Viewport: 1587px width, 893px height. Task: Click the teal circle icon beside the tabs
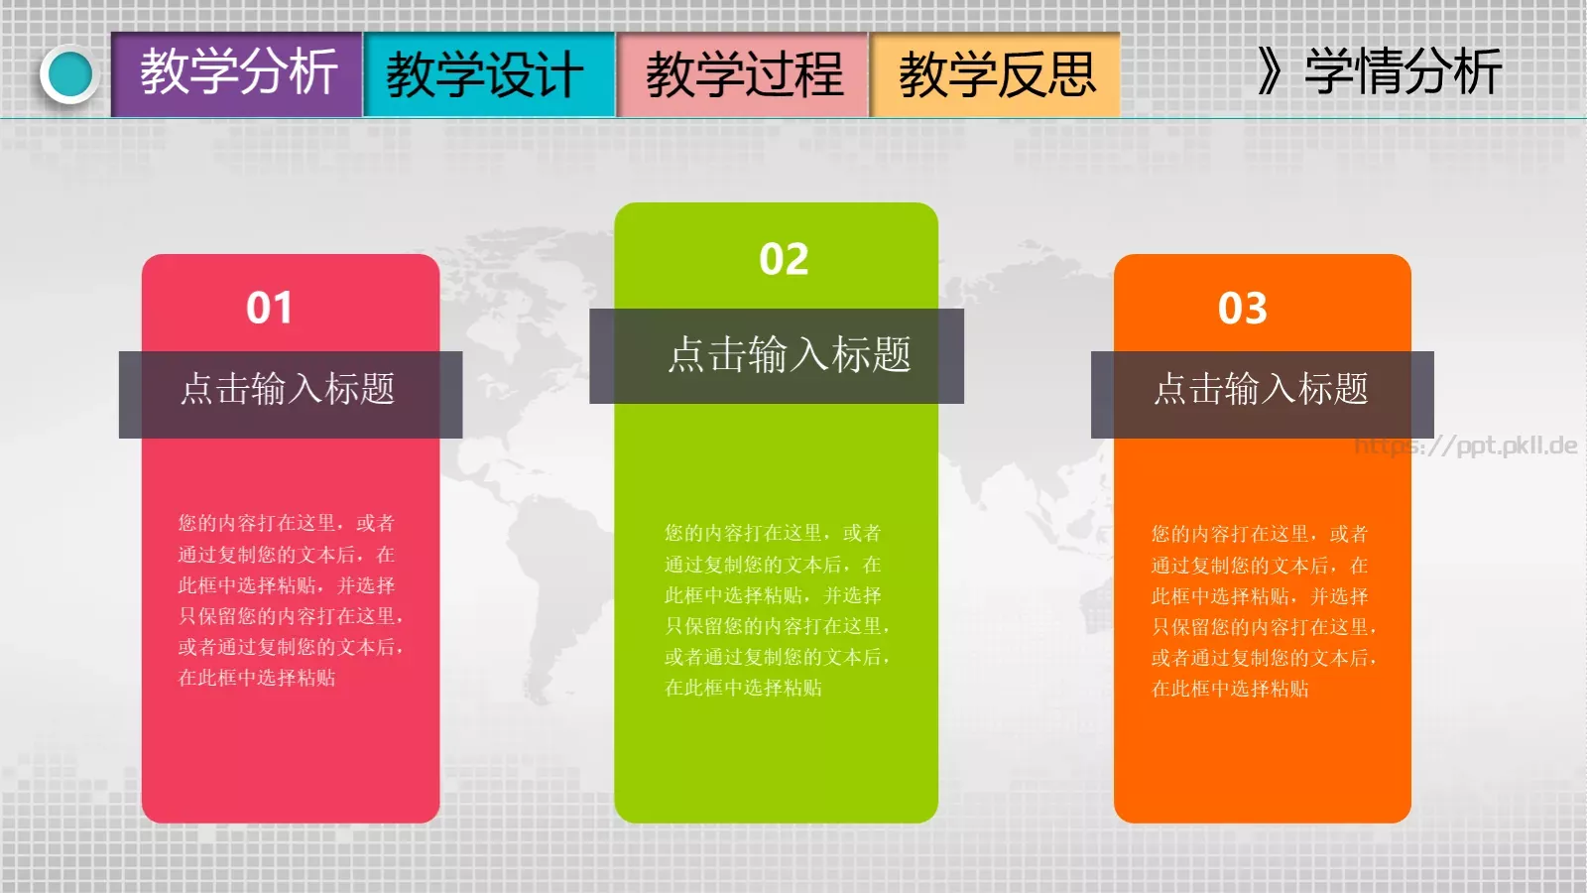coord(69,74)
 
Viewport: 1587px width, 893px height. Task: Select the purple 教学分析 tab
coord(237,74)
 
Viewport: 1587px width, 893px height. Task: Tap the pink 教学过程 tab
coord(743,74)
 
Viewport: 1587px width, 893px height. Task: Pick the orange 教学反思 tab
coord(996,74)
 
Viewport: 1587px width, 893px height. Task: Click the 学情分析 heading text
coord(1403,71)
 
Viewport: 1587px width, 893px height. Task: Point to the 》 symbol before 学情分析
coord(1269,71)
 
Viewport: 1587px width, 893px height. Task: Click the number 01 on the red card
coord(269,308)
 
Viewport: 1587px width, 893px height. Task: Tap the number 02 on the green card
coord(784,260)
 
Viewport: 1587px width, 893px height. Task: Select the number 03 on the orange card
coord(1243,309)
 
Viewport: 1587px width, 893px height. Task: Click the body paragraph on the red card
coord(290,599)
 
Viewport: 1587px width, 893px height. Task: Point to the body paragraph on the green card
coord(776,609)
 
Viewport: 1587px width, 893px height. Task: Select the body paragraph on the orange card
coord(1262,610)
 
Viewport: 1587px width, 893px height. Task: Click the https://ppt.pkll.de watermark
coord(1466,446)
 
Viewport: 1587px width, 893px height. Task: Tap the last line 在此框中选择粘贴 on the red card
coord(257,678)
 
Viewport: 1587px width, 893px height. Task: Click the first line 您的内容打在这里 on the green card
coord(773,533)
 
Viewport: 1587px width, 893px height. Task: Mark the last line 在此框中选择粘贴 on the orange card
coord(1230,689)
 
